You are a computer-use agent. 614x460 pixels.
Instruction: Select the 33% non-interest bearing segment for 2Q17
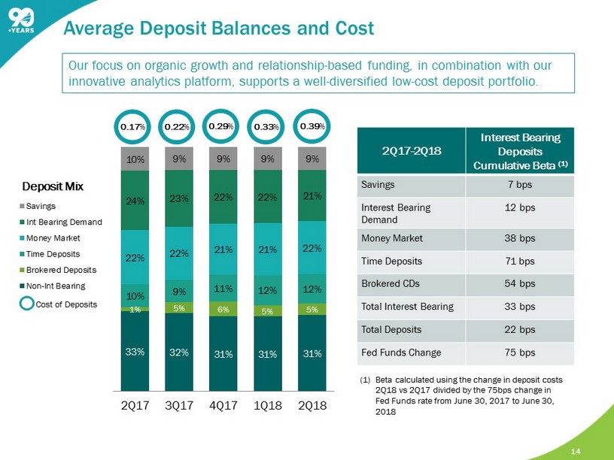click(x=134, y=351)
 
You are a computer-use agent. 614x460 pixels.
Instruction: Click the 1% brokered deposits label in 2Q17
click(x=134, y=309)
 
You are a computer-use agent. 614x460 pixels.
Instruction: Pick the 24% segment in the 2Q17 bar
click(x=134, y=201)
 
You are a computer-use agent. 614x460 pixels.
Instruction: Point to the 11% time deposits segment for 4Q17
click(x=223, y=288)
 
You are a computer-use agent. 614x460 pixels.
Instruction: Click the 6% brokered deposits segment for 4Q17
click(x=223, y=308)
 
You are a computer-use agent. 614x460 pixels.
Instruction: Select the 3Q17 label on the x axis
click(x=178, y=406)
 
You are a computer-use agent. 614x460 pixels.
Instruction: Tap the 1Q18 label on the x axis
click(x=268, y=406)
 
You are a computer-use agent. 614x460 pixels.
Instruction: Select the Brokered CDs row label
click(x=384, y=285)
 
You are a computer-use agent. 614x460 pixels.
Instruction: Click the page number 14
click(x=576, y=451)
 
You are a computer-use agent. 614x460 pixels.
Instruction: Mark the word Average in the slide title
click(x=97, y=29)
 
